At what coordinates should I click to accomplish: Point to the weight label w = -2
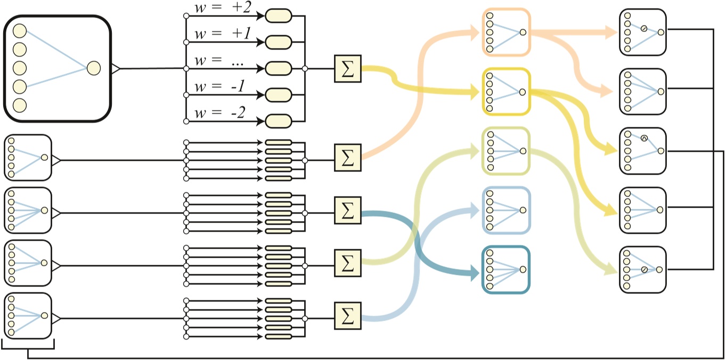[219, 114]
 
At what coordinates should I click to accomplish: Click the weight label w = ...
[219, 62]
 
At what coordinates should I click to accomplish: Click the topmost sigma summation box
[347, 69]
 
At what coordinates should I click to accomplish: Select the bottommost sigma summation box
[347, 315]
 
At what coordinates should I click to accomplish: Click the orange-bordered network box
[506, 32]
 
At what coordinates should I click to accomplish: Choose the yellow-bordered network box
[506, 92]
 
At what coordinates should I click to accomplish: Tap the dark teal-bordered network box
[506, 269]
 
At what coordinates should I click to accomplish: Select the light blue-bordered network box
[506, 210]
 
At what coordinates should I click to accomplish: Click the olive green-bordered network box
[506, 151]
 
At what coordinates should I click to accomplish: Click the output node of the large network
[93, 68]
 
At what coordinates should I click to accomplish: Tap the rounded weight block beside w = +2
[279, 16]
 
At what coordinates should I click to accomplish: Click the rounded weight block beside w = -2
[279, 120]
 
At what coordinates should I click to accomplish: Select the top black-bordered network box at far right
[643, 32]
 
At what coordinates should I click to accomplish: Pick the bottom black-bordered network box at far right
[643, 269]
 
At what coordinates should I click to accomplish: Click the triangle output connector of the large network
[115, 68]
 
